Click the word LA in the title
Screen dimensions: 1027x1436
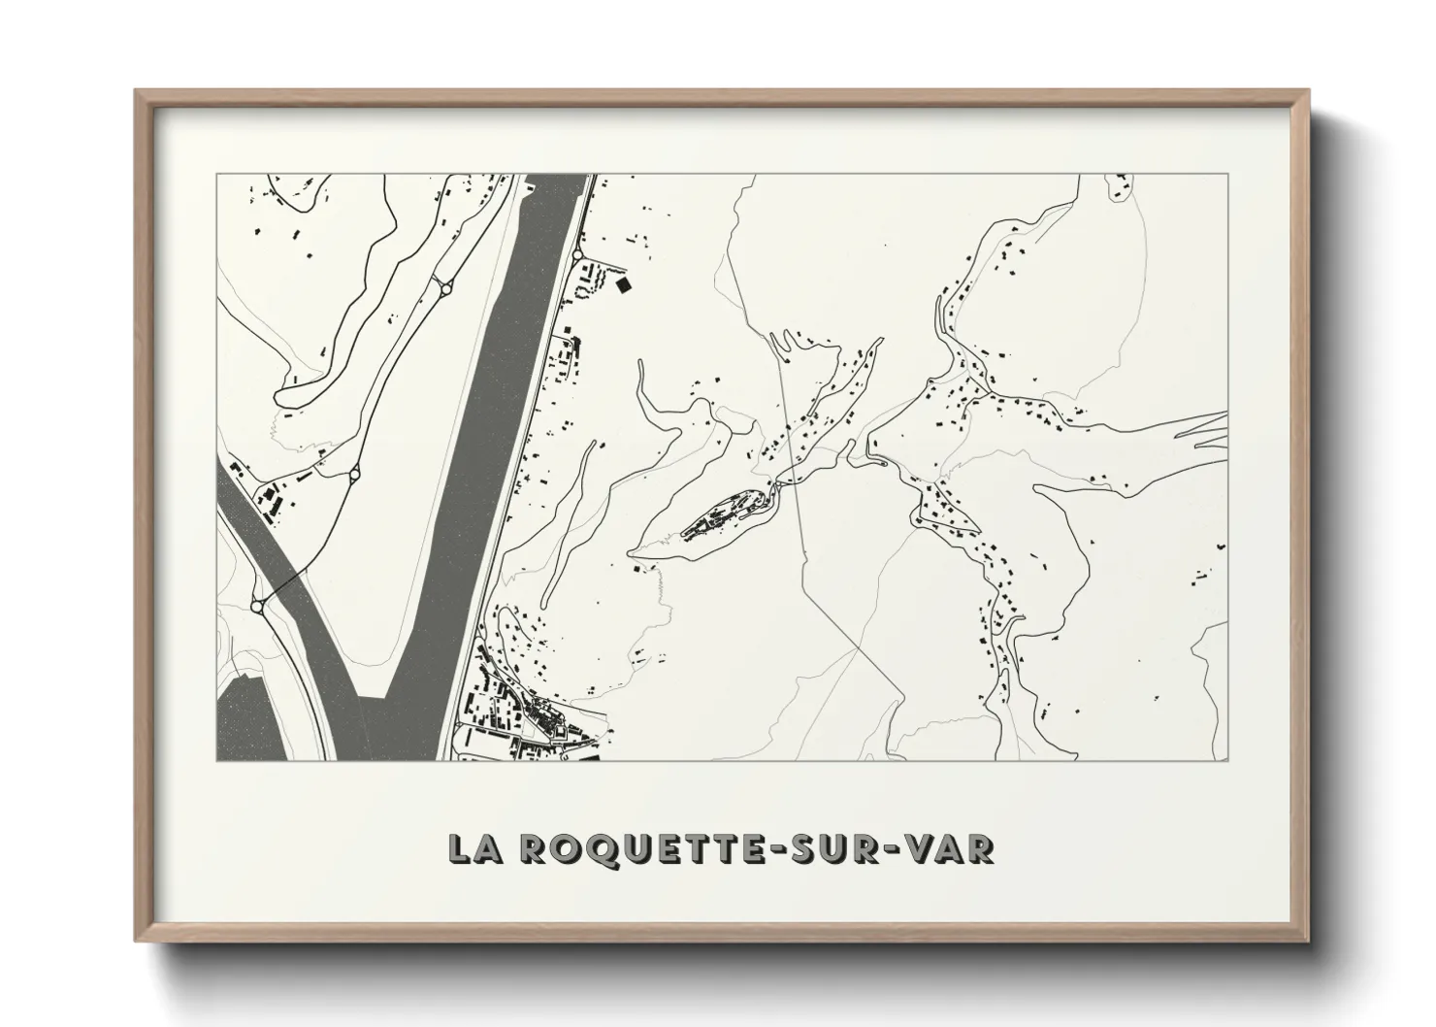click(473, 847)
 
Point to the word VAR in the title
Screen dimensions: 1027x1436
click(955, 847)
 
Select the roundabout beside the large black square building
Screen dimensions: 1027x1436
click(578, 254)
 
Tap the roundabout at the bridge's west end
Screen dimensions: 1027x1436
click(257, 606)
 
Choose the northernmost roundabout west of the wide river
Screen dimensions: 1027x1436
click(445, 285)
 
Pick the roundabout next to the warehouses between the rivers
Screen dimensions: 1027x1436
click(354, 474)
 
